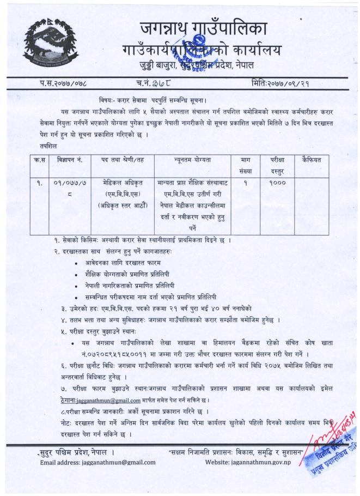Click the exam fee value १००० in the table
pyautogui.click(x=277, y=184)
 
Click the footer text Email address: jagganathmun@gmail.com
pyautogui.click(x=98, y=462)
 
